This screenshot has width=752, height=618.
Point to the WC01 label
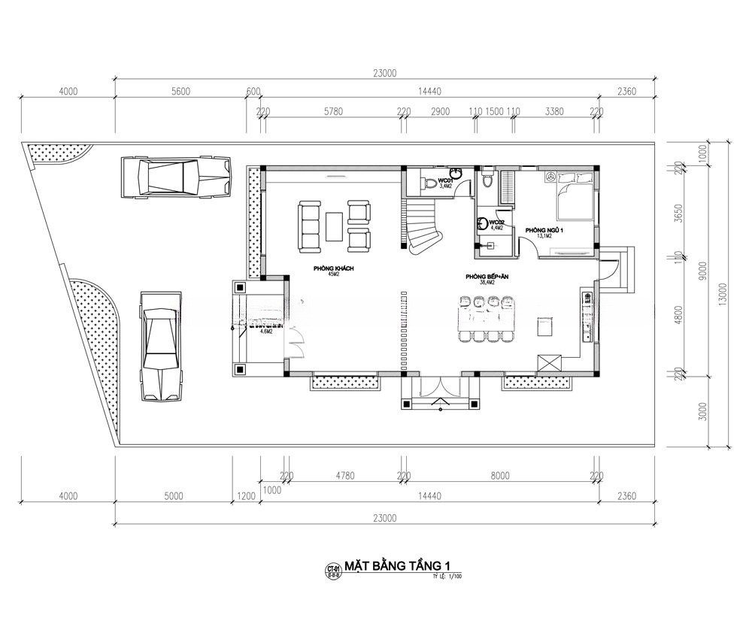(445, 181)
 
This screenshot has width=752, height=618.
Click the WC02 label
(496, 223)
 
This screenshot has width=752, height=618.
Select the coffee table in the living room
(335, 226)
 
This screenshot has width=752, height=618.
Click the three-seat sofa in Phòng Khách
(309, 226)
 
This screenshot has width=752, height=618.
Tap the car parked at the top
(178, 177)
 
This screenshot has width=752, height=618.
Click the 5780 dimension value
(333, 111)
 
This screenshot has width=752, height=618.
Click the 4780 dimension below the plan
(344, 475)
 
